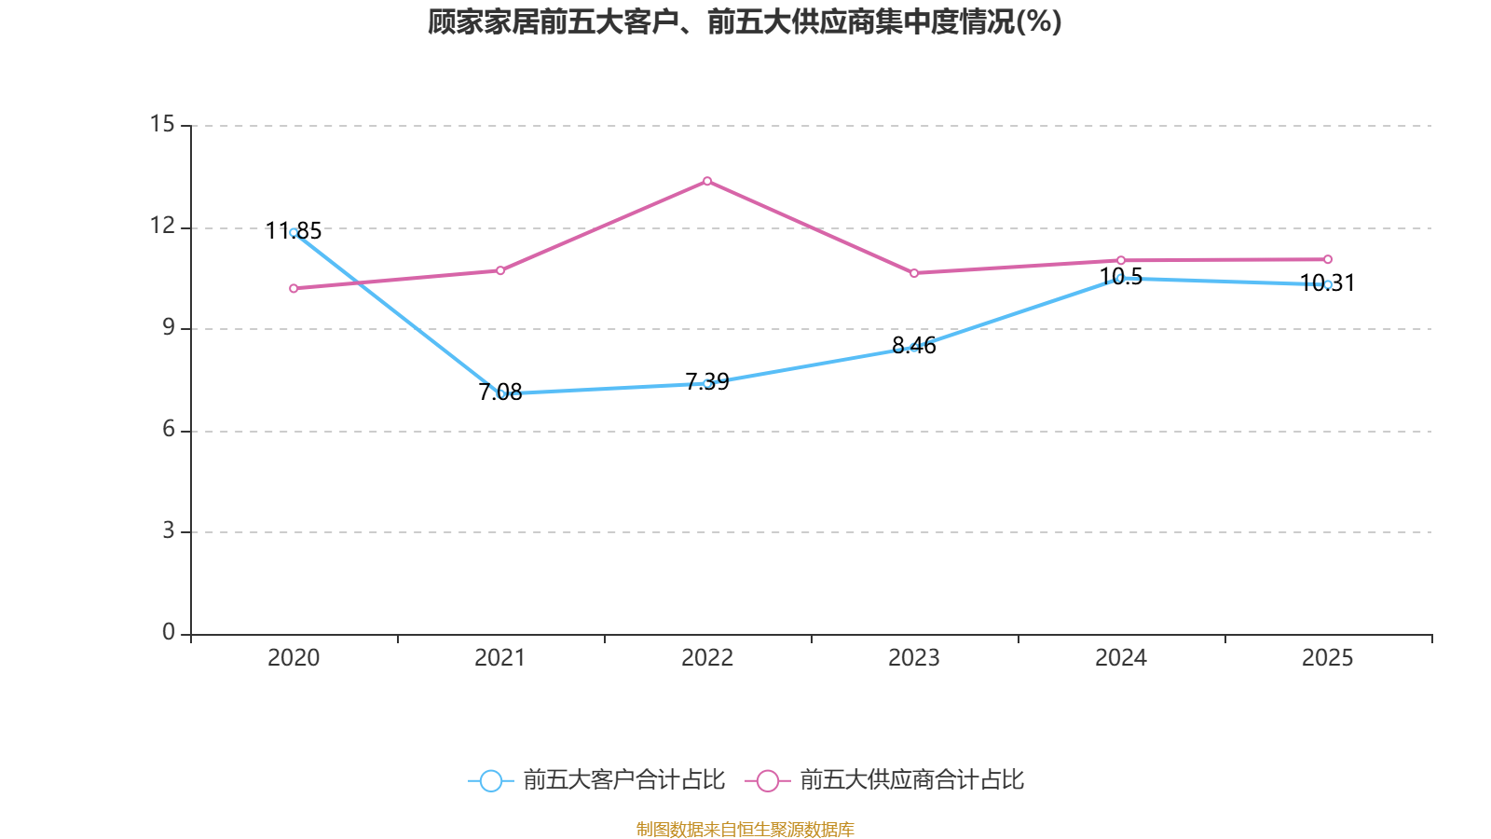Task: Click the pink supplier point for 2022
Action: tap(707, 181)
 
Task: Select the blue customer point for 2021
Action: tap(500, 393)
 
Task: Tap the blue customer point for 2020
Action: tap(294, 232)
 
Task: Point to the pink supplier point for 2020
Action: tap(294, 288)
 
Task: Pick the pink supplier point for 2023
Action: tap(914, 273)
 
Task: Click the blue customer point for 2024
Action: tap(1121, 278)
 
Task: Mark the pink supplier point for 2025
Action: tap(1328, 259)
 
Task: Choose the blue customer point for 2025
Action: tap(1328, 284)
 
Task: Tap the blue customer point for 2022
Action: tap(707, 383)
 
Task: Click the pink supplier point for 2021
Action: tap(500, 270)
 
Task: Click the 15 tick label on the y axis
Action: tap(162, 124)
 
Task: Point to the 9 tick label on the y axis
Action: tap(168, 327)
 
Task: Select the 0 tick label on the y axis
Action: tap(168, 632)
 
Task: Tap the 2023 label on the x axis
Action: tap(914, 658)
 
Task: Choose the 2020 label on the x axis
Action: tap(294, 658)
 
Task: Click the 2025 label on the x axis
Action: tap(1328, 658)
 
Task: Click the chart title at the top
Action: tap(745, 21)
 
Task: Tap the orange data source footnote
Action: tap(745, 829)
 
